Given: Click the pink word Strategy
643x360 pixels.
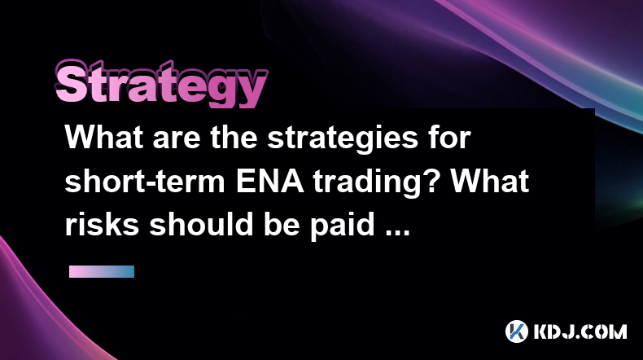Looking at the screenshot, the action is coord(161,84).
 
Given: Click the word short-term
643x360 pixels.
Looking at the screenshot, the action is coord(145,181).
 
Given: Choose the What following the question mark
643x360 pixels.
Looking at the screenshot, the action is coord(490,181).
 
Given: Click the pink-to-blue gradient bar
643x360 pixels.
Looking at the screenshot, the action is coord(102,271).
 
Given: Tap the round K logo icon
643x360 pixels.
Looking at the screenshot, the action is coord(516,331).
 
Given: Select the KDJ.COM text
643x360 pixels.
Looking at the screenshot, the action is coord(580,331).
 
